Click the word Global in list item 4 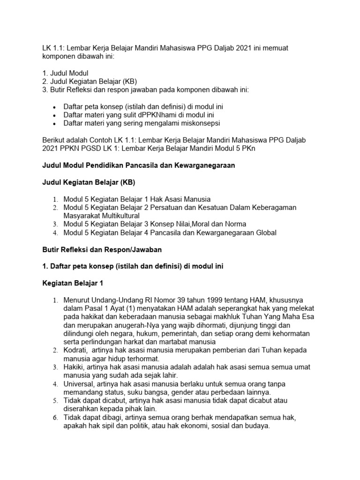(x=264, y=232)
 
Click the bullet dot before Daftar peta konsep (x=55, y=106)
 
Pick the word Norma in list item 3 (x=236, y=224)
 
